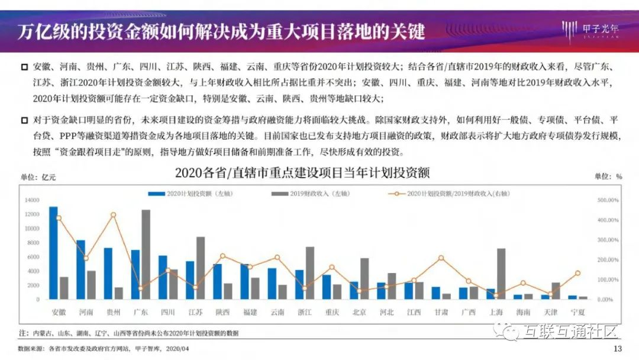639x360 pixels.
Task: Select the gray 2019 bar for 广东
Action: tap(146, 255)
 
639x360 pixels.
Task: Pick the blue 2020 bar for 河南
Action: tap(80, 269)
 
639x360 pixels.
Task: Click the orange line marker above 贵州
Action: tap(113, 215)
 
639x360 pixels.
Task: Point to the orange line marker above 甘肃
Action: tap(441, 258)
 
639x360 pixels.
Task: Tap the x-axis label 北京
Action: tap(359, 312)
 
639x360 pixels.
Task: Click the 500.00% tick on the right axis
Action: tap(608, 200)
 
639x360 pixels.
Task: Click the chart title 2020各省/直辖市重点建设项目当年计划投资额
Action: tap(302, 173)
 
